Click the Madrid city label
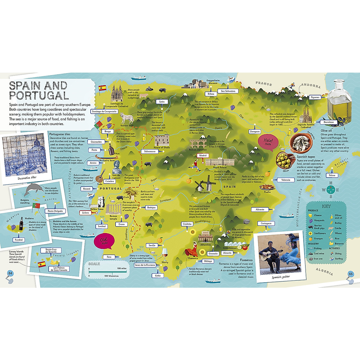203,155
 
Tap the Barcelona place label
328,122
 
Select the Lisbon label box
85,213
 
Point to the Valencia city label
286,180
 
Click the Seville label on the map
152,245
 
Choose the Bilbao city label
211,94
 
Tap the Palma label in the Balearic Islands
332,175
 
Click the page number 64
10,273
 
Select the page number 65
350,274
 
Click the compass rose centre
331,190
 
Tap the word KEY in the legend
326,206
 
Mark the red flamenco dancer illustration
192,249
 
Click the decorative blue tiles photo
23,156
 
